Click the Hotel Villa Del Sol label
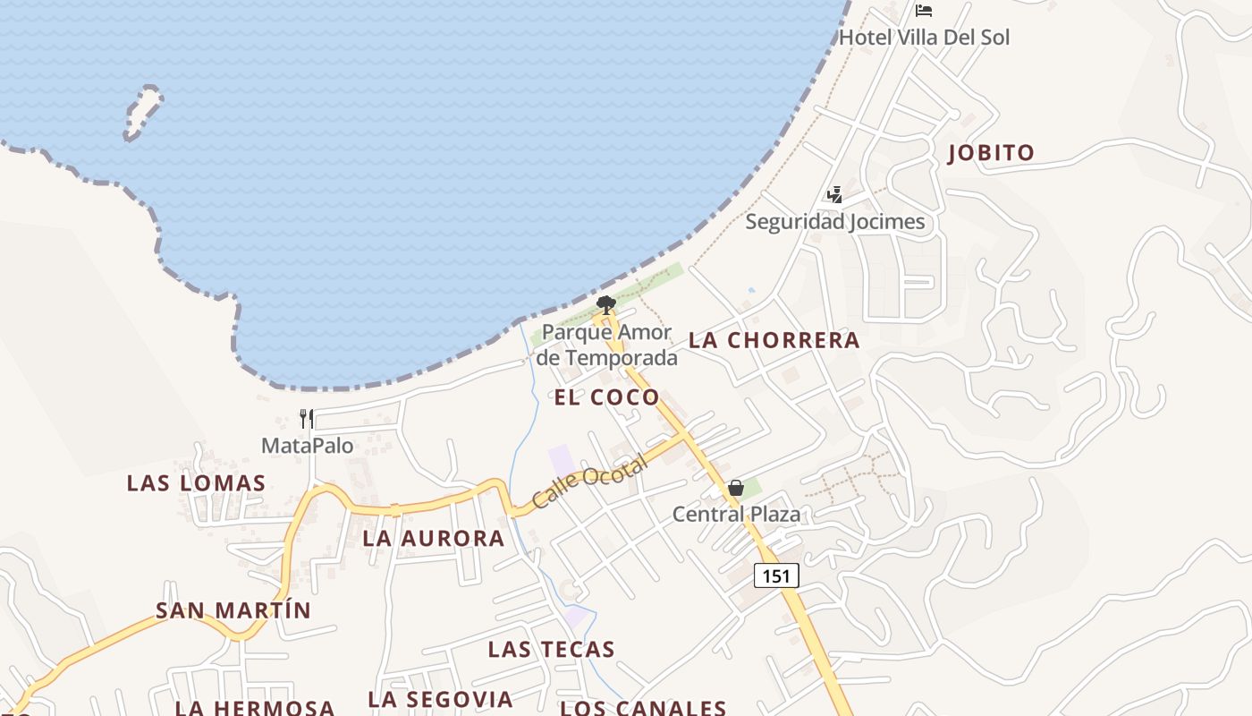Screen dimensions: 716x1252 pos(924,38)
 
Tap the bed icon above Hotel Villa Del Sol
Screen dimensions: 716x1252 pos(924,11)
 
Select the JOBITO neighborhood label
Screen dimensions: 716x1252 pos(991,153)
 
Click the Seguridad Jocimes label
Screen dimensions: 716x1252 pos(835,221)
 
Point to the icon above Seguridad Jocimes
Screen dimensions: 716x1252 pos(834,194)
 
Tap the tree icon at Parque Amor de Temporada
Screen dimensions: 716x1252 pos(605,305)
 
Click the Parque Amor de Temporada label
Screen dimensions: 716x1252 pos(607,345)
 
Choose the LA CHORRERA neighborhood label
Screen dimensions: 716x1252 pos(774,340)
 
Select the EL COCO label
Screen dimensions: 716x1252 pos(606,397)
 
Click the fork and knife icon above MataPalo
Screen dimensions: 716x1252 pos(307,418)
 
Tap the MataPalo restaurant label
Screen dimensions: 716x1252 pos(307,445)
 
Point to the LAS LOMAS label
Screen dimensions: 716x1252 pos(196,483)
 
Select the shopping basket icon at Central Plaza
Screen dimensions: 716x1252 pos(735,488)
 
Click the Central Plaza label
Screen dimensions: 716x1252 pos(736,514)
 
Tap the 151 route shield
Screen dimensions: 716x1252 pos(776,575)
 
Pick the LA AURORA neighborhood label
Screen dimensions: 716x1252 pos(434,539)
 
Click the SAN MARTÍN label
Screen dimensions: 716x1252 pos(233,610)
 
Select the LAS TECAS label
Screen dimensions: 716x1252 pos(551,649)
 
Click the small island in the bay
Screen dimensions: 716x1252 pos(143,112)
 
